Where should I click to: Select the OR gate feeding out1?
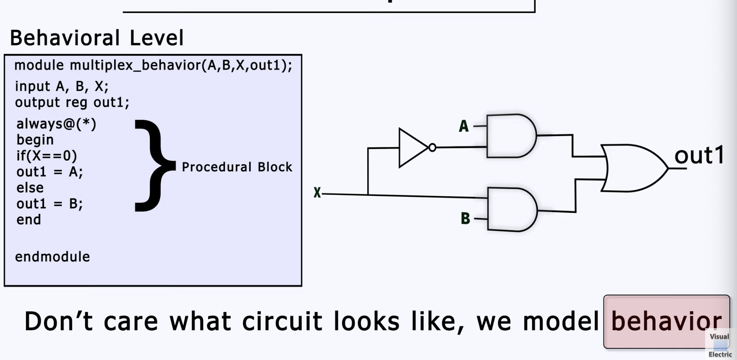point(632,168)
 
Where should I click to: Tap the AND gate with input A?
point(510,136)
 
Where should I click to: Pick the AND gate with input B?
point(511,209)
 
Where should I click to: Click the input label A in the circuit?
point(463,126)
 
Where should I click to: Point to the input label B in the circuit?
point(465,219)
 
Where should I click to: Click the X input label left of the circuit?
point(317,193)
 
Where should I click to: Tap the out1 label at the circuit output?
point(699,155)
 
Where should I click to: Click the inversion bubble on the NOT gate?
point(432,148)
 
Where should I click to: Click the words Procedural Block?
point(237,167)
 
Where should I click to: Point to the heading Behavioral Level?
point(97,38)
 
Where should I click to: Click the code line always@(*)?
point(56,124)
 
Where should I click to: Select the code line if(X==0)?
point(47,156)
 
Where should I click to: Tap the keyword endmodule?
point(52,257)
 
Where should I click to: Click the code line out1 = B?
point(50,203)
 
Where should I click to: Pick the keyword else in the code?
point(30,188)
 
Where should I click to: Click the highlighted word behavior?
point(666,321)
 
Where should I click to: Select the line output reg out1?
point(72,102)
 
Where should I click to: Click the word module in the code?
point(39,65)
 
